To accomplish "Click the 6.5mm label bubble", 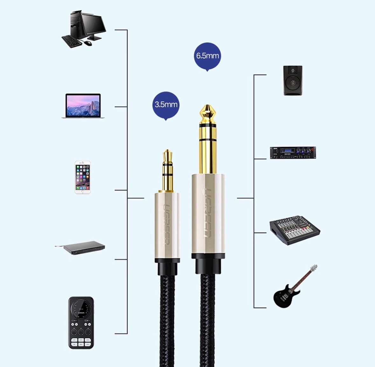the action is [207, 56].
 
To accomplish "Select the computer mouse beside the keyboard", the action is [88, 43].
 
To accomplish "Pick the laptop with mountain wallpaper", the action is [83, 106].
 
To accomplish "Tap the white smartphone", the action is [83, 177].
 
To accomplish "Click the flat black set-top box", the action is [80, 248].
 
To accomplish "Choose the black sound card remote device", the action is [81, 323].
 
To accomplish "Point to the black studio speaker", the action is [293, 80].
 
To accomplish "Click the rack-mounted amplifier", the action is [293, 153].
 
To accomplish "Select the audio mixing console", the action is [295, 230].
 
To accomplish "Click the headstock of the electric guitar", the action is [314, 268].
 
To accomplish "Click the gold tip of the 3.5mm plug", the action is [168, 156].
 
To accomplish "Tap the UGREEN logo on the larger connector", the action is [207, 213].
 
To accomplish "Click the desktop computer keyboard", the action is [72, 41].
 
